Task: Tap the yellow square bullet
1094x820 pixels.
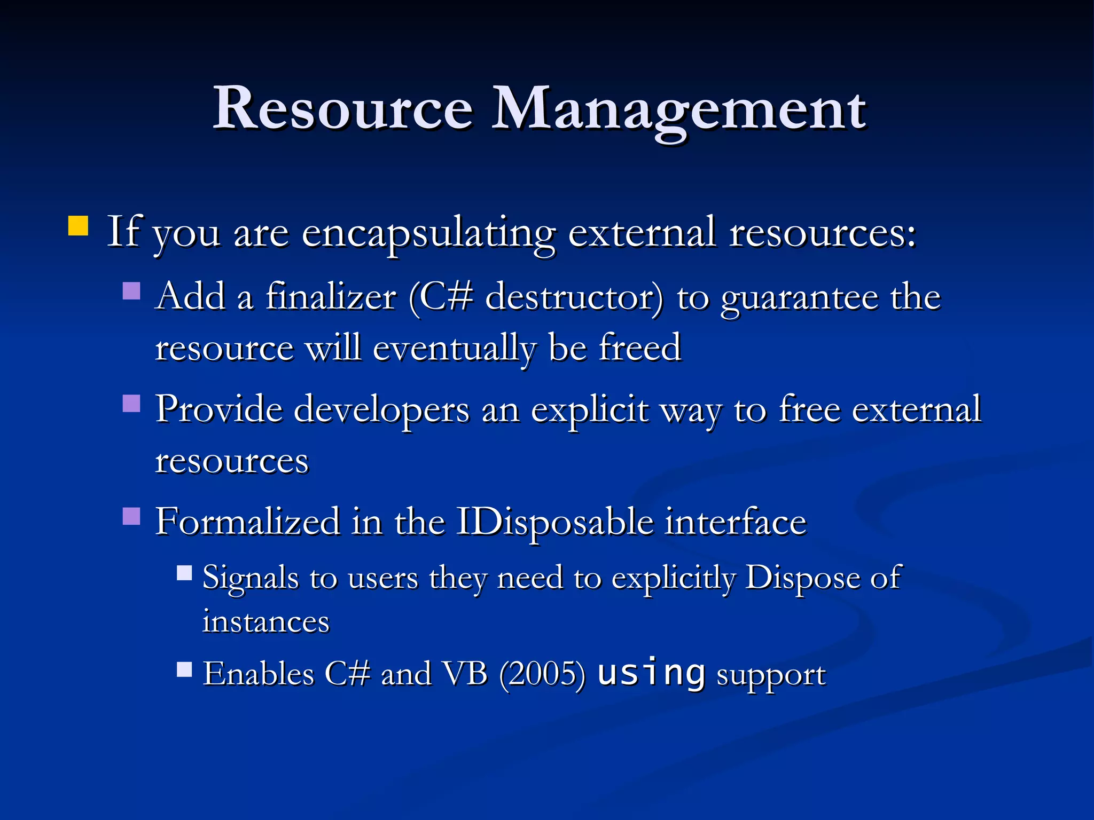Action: click(78, 225)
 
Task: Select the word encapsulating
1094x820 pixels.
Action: click(428, 233)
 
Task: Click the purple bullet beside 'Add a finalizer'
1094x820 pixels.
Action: click(131, 291)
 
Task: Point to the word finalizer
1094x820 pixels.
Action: click(331, 297)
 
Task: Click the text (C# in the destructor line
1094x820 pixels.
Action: click(441, 297)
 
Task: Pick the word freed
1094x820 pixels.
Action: click(640, 347)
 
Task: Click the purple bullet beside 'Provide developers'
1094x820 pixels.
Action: click(131, 404)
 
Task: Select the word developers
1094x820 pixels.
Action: click(381, 410)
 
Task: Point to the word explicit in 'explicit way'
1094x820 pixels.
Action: click(589, 410)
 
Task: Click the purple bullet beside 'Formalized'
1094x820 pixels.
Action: click(131, 516)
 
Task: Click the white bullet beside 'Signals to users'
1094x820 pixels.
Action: click(184, 573)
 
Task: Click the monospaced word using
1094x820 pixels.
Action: click(651, 673)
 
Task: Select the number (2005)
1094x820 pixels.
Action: click(542, 674)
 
